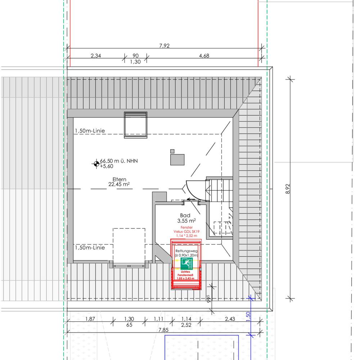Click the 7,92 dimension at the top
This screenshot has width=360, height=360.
[x=165, y=45]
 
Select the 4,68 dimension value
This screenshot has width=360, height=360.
[x=204, y=55]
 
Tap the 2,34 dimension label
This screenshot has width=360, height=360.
[x=96, y=55]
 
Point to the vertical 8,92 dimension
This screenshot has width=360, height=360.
[x=288, y=189]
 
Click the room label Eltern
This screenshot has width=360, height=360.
[x=120, y=179]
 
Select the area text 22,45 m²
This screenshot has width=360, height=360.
[x=119, y=184]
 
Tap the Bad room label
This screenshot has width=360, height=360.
[x=185, y=215]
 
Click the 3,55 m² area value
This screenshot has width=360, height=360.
[x=186, y=221]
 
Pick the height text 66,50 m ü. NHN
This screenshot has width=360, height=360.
[x=119, y=161]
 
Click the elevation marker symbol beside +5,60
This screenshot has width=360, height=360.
[x=96, y=164]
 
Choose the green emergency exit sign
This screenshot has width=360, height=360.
[x=186, y=264]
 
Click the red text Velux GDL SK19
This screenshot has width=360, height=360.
[x=186, y=231]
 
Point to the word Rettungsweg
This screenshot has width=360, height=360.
[x=186, y=251]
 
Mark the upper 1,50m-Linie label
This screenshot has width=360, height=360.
[x=90, y=131]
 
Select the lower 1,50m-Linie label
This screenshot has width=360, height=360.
[x=90, y=248]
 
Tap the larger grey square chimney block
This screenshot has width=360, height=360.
[x=177, y=159]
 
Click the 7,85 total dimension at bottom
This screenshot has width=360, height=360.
[x=163, y=330]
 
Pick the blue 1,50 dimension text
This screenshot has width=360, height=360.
[x=248, y=317]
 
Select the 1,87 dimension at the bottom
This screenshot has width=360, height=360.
[x=90, y=319]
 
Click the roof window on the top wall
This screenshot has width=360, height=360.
[x=135, y=125]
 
